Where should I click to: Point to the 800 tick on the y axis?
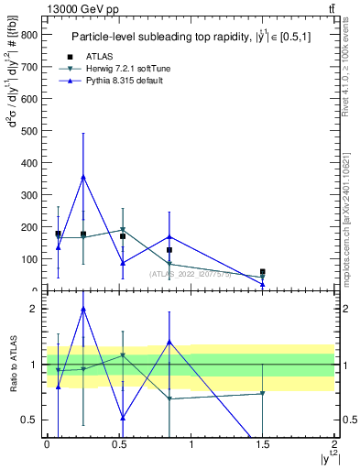click(29, 35)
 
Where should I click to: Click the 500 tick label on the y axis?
click(29, 131)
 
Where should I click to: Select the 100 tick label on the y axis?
click(29, 259)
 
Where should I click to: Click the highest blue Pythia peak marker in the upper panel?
click(83, 177)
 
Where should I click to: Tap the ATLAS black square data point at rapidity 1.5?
click(263, 272)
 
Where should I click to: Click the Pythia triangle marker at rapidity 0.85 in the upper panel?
click(169, 236)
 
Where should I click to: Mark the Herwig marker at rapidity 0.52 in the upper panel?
click(123, 229)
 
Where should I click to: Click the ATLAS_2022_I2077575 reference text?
click(191, 274)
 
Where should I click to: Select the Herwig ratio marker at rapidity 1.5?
click(263, 394)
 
